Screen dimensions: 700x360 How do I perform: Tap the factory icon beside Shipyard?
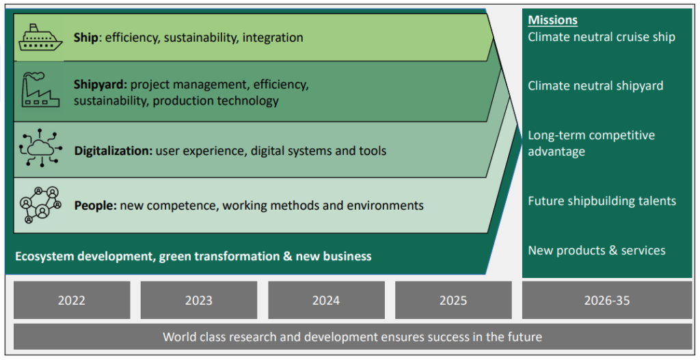(x=40, y=90)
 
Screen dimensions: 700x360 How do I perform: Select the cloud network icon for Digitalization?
(x=40, y=148)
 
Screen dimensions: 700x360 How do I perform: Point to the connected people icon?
(x=40, y=205)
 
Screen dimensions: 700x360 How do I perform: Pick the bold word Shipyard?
(x=100, y=84)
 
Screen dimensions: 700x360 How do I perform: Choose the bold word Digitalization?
(x=113, y=151)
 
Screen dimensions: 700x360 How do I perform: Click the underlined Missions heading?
(x=552, y=20)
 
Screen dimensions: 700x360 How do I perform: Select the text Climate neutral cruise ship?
(x=602, y=37)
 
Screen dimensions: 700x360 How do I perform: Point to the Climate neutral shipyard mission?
(x=595, y=85)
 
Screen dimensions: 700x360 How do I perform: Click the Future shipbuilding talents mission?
(x=602, y=202)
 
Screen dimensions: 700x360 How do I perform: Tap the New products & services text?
(x=596, y=250)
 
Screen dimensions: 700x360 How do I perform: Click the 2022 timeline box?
(x=72, y=300)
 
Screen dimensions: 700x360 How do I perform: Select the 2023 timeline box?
(x=199, y=300)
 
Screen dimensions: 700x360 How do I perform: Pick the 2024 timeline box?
(x=326, y=300)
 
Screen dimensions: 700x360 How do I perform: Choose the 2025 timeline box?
(x=453, y=300)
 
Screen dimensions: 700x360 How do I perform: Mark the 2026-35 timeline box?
(x=607, y=300)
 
